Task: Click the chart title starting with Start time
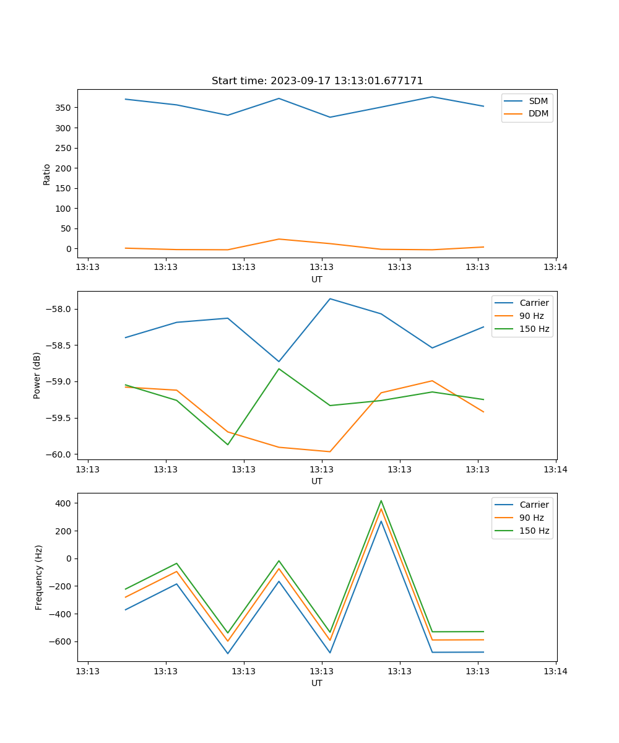317,81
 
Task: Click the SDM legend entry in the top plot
538,101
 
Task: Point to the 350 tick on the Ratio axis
63,108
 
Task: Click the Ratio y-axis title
47,174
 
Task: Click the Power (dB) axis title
37,375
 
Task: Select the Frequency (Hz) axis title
38,577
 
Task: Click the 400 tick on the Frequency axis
63,503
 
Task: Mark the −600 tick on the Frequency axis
61,642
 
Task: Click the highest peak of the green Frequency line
381,501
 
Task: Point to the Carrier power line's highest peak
330,299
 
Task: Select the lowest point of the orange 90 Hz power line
330,452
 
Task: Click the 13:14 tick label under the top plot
555,267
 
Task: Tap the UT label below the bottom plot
317,684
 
